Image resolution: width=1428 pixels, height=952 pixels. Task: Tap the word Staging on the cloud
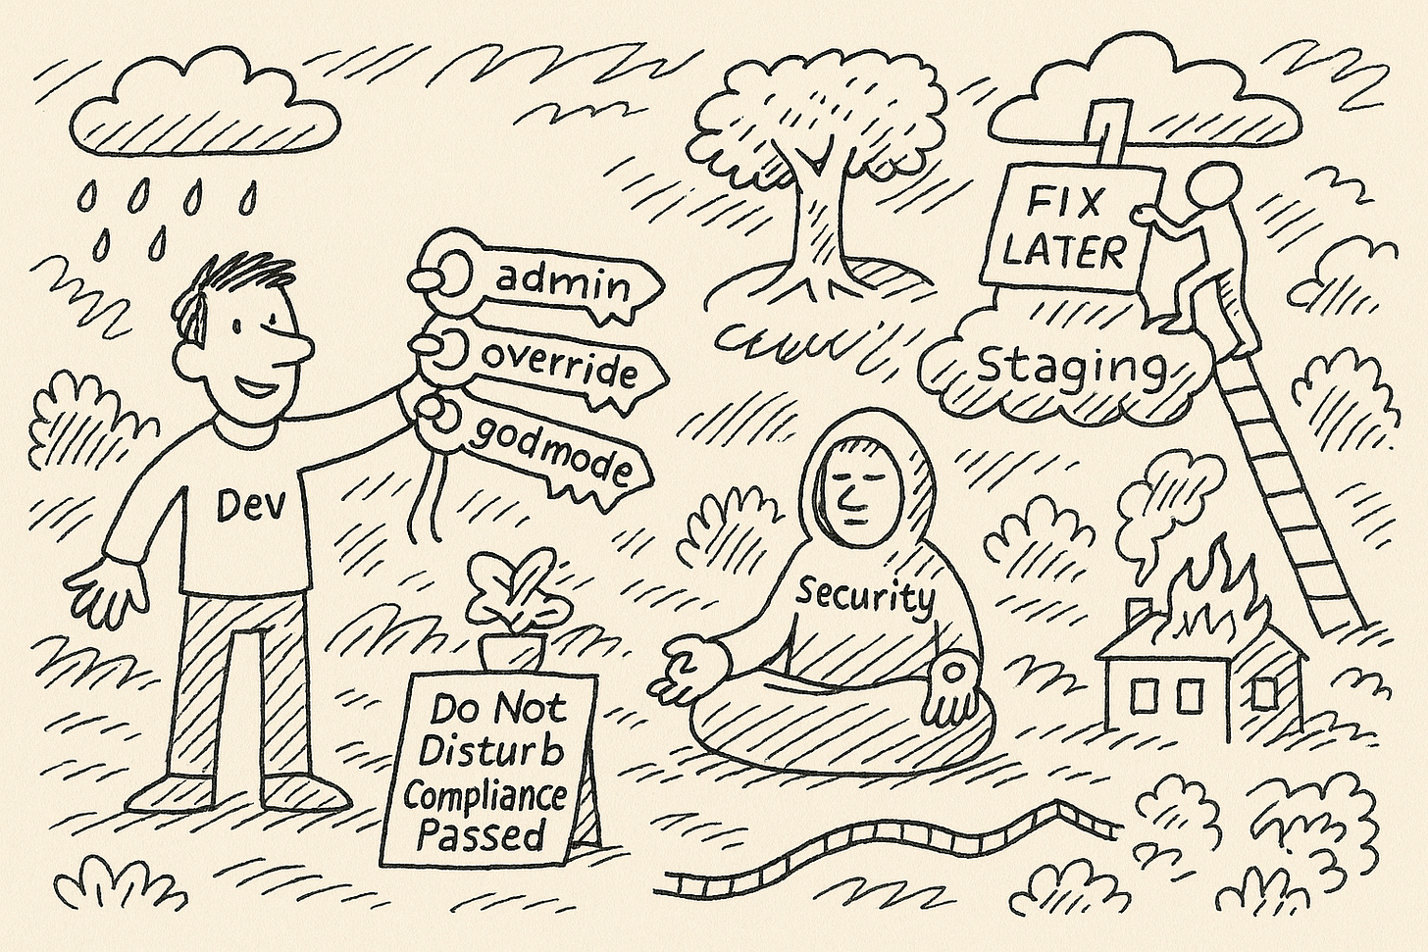pos(1072,368)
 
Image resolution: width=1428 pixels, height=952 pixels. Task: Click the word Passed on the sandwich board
pos(480,835)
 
